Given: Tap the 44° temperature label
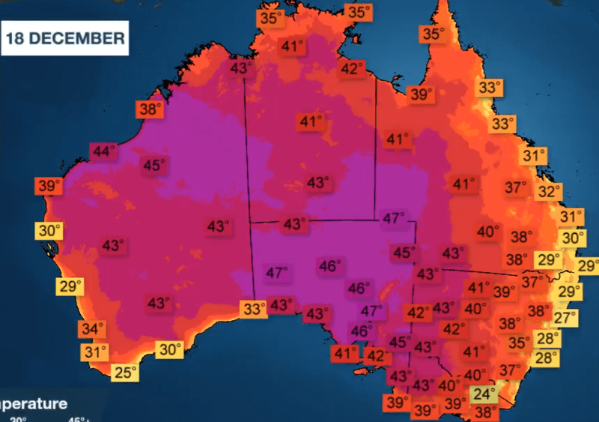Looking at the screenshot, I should point(103,151).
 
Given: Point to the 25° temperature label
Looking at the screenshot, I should point(125,372).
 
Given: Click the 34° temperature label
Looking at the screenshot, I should point(93,329).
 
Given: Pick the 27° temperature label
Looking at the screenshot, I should point(565,317).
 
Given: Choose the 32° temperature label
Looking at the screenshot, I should point(548,191).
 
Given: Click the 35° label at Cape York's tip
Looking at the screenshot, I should point(432,34).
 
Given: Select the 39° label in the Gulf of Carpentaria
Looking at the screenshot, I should point(421,94).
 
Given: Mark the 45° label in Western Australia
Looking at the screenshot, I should point(154,165).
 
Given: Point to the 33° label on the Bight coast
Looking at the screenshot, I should point(254,308).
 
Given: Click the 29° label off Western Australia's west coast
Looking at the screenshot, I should point(70,286).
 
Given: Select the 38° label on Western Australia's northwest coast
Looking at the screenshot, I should point(150,109).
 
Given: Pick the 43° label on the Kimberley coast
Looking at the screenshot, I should point(241,67).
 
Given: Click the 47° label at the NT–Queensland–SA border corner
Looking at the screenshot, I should point(394,219).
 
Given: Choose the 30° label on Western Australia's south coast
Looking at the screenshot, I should point(170,349).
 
